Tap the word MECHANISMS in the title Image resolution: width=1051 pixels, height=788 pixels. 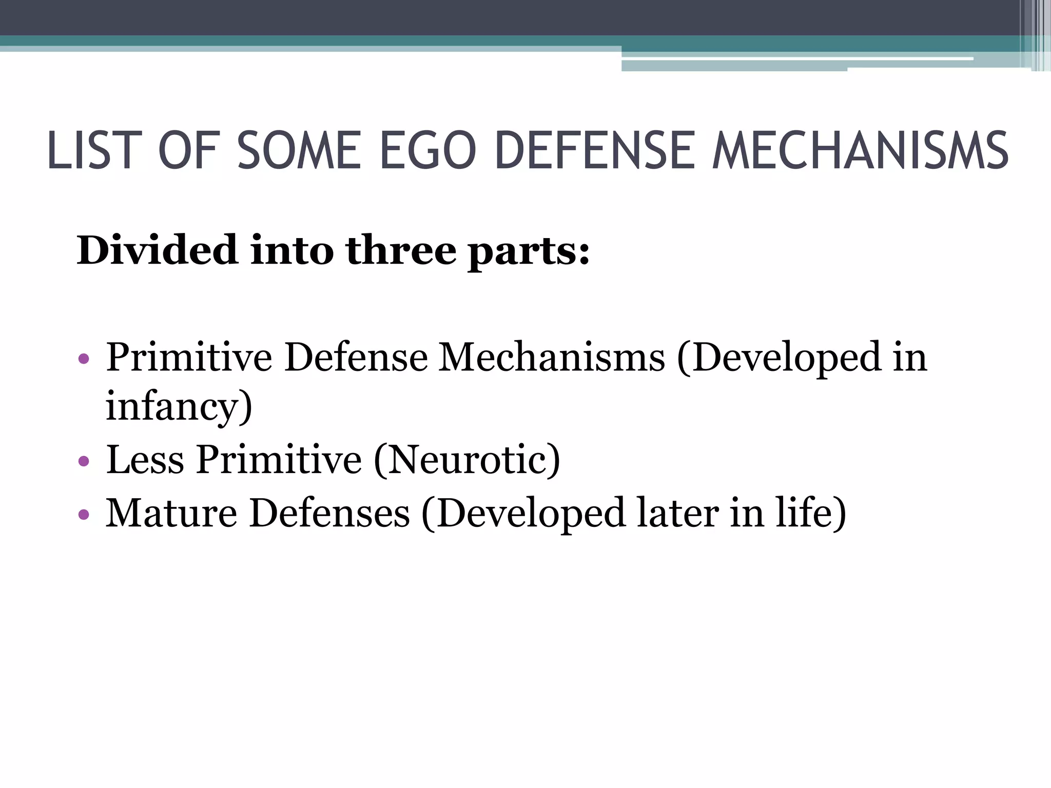861,151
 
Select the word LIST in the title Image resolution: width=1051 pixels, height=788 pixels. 94,151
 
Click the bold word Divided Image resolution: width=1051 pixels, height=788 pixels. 157,250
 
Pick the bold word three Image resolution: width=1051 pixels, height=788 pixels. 401,250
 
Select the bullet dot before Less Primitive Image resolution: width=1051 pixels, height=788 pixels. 84,461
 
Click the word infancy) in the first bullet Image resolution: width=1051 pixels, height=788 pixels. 179,406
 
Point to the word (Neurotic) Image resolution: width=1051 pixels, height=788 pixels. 466,460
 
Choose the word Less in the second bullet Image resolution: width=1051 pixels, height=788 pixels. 145,459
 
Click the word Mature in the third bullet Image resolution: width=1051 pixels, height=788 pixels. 171,513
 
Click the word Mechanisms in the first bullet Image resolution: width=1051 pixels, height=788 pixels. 552,357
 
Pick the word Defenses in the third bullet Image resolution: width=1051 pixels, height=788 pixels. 329,513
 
